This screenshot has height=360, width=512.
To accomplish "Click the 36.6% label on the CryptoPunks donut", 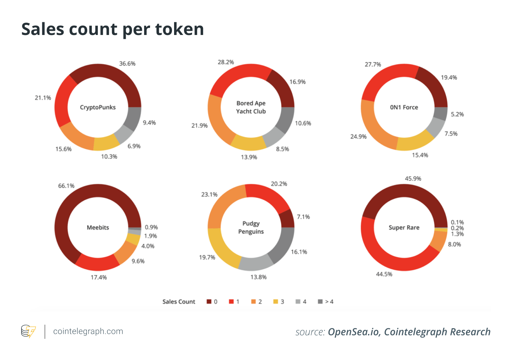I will click(127, 64).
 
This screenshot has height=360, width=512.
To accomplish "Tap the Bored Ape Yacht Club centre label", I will click(251, 107).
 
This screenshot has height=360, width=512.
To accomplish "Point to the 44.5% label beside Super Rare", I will click(384, 274).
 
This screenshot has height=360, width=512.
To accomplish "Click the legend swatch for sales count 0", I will click(209, 301).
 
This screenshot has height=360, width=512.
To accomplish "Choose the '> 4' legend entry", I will click(326, 301).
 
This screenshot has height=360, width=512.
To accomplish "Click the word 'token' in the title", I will click(179, 29).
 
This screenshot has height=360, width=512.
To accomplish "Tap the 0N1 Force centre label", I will click(404, 107).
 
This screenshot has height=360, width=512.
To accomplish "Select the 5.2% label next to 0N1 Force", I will click(457, 114).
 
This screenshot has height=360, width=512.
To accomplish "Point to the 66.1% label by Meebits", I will click(66, 186).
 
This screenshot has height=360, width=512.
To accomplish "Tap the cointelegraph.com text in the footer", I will click(88, 331).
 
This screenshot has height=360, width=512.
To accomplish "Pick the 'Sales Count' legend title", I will click(179, 302).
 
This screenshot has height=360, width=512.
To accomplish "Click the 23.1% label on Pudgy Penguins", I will click(209, 195).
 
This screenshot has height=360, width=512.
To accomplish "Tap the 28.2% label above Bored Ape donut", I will click(226, 62).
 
